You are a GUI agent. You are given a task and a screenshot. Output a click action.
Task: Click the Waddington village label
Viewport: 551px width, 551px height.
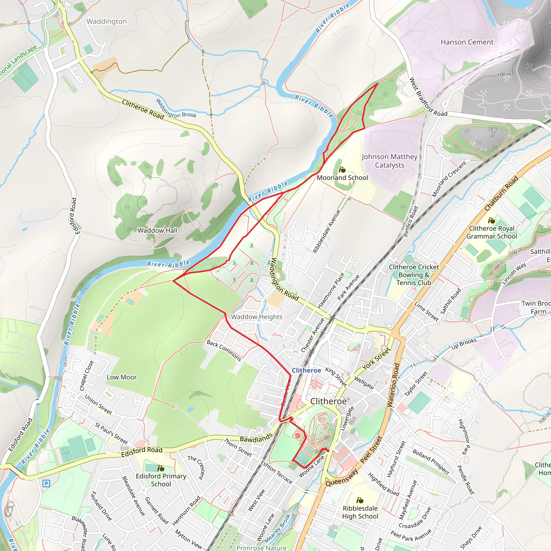[x=106, y=22]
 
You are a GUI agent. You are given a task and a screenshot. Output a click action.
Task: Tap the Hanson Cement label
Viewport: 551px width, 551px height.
[x=467, y=42]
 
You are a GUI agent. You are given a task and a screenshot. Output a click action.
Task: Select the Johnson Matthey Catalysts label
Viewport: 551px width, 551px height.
[x=389, y=161]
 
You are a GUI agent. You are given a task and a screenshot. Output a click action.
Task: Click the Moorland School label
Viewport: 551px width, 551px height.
[x=342, y=178]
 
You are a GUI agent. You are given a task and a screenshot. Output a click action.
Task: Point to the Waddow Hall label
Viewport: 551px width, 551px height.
[x=157, y=231]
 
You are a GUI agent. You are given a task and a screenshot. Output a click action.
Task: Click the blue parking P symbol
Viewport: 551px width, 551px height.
[x=46, y=483]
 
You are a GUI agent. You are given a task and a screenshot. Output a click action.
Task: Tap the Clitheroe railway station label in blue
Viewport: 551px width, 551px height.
[x=306, y=370]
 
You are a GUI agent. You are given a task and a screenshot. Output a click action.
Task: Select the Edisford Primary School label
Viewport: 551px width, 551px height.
[x=161, y=480]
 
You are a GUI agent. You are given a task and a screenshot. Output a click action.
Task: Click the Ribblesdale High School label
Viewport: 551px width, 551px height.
[x=360, y=512]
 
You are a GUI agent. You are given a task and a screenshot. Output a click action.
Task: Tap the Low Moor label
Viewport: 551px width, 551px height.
[x=122, y=377]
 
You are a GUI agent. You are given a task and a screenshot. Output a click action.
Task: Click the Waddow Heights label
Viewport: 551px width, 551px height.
[x=256, y=317]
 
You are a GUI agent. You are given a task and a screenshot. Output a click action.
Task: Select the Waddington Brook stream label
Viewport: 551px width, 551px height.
[x=176, y=109]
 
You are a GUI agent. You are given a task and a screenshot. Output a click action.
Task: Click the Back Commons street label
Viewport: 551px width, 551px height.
[x=224, y=351]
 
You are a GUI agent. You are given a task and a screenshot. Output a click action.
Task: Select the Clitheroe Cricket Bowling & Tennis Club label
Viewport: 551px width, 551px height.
[x=414, y=275]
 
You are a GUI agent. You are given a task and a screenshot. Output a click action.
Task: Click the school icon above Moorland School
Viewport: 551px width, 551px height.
[x=342, y=170]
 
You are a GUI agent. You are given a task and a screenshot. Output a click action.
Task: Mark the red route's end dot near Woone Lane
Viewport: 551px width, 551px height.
[x=328, y=451]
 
